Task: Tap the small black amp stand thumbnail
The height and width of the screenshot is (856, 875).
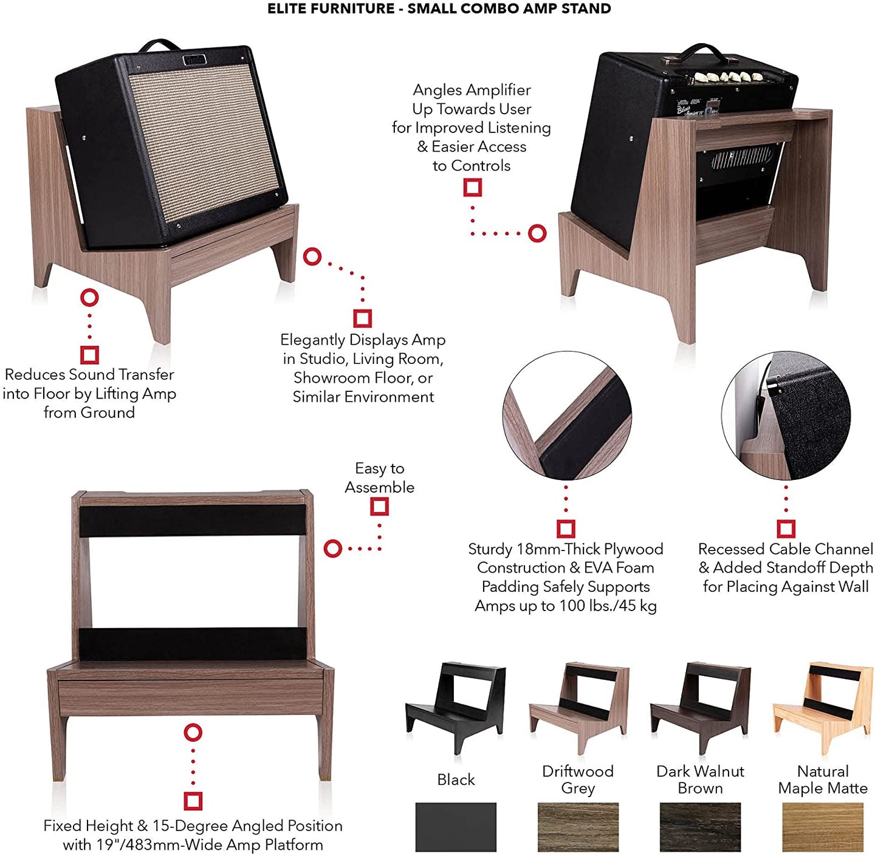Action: tap(455, 708)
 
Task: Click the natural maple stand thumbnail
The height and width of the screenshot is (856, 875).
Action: tap(822, 708)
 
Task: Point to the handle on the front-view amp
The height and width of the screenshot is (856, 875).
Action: tap(160, 44)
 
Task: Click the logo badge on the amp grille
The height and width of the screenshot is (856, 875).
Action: tap(194, 60)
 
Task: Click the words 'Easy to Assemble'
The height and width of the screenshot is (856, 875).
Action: tap(380, 478)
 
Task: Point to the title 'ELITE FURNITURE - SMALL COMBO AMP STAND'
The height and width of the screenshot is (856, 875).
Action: tap(439, 9)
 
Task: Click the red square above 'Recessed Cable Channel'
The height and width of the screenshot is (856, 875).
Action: tap(786, 529)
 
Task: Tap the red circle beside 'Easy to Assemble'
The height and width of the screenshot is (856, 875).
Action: tap(333, 548)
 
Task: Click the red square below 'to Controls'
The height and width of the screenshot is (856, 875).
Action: tap(472, 188)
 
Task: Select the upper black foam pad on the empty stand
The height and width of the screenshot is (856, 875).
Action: tap(193, 520)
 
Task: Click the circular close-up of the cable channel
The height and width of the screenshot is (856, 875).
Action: tap(786, 416)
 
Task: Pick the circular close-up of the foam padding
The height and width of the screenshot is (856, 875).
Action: tap(566, 416)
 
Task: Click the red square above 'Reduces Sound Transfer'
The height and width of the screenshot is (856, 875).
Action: tap(89, 355)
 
